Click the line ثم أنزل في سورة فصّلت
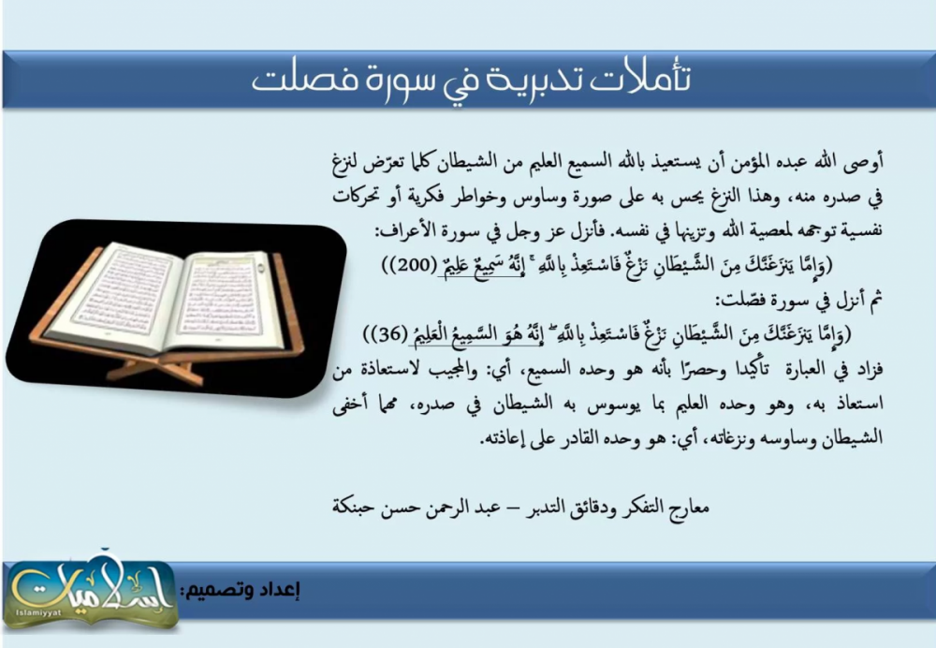[x=801, y=300]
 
